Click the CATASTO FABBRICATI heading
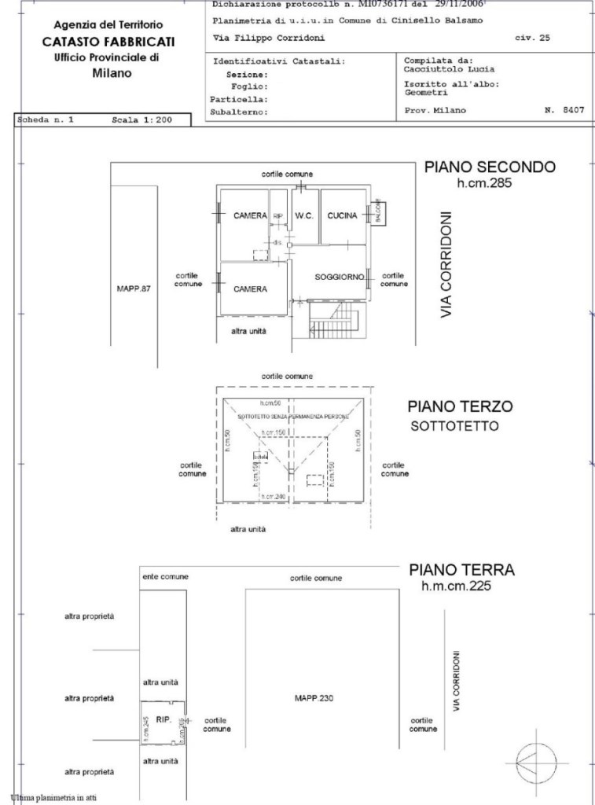pyautogui.click(x=108, y=42)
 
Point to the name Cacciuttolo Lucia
pyautogui.click(x=449, y=68)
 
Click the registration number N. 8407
pyautogui.click(x=564, y=111)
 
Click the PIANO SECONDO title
pyautogui.click(x=490, y=167)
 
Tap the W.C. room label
pyautogui.click(x=304, y=215)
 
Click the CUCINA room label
pyautogui.click(x=342, y=215)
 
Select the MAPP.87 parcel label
pyautogui.click(x=133, y=289)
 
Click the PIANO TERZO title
pyautogui.click(x=460, y=406)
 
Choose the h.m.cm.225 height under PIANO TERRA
pyautogui.click(x=457, y=585)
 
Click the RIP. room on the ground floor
pyautogui.click(x=163, y=719)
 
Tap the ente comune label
pyautogui.click(x=165, y=577)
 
